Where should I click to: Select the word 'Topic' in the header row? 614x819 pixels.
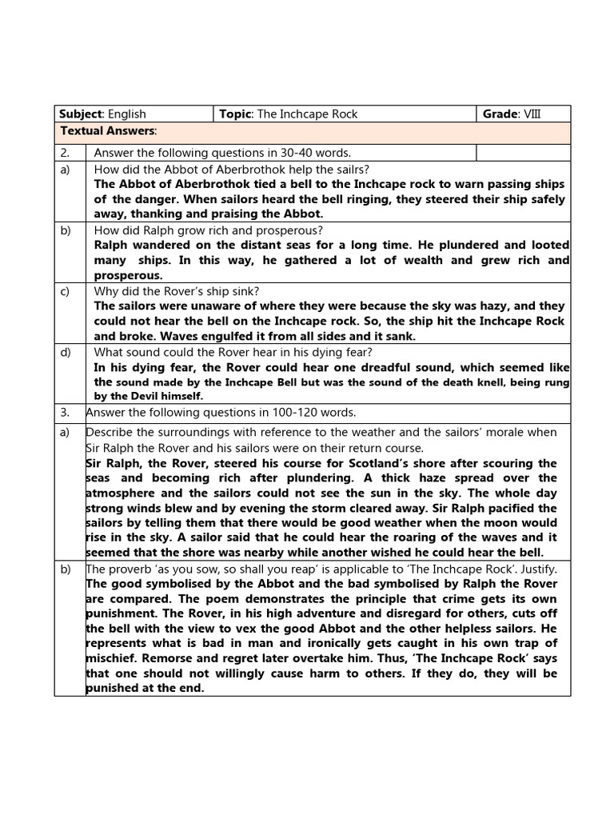(x=235, y=114)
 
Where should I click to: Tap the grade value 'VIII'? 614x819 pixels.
(x=532, y=114)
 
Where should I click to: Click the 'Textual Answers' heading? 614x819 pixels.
(x=108, y=130)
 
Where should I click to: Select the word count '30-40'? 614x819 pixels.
(x=281, y=153)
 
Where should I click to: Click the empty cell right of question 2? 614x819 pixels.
(x=523, y=153)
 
